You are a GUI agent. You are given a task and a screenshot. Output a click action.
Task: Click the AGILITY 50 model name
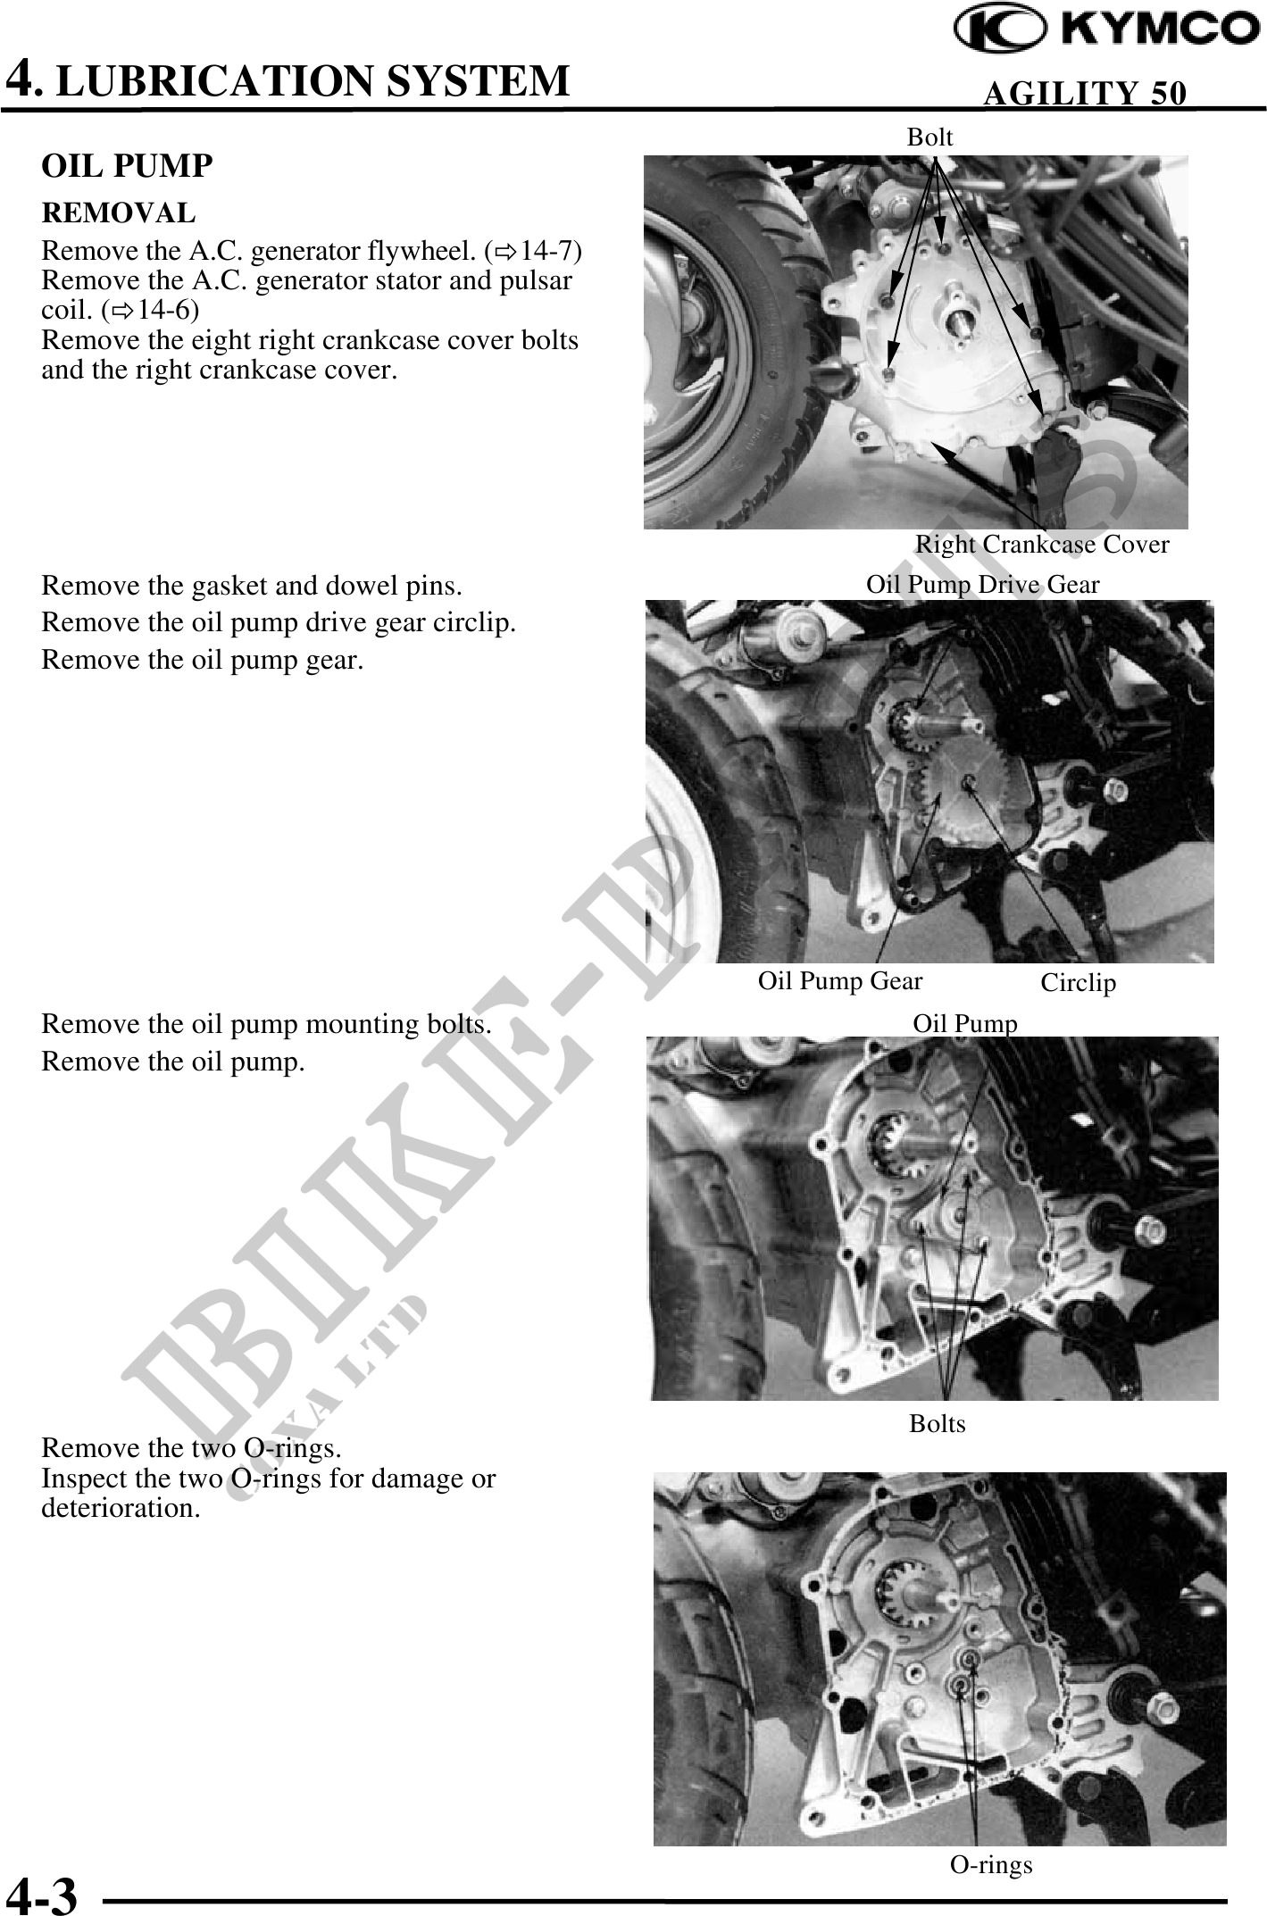1085,93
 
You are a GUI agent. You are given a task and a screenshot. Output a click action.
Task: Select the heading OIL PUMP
128,166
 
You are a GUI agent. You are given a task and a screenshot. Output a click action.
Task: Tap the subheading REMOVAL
119,213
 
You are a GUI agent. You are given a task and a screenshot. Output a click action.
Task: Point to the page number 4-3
42,1896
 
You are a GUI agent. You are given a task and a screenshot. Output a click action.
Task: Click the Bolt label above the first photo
930,137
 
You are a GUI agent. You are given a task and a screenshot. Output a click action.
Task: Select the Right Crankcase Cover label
1042,544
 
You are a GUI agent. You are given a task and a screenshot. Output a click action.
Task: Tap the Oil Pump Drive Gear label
983,584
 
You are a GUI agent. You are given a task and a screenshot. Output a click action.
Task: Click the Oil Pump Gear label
840,981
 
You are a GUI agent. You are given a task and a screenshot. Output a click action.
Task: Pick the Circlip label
1079,983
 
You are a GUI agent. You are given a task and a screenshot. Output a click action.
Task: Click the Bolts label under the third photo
938,1423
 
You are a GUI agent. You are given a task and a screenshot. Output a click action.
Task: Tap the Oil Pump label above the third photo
965,1023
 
